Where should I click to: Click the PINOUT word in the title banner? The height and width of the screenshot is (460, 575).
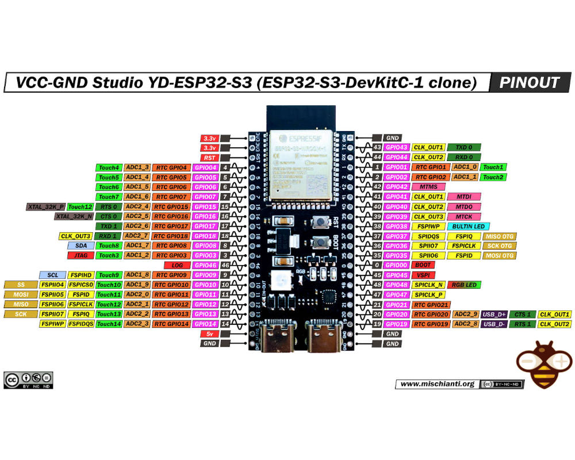(x=529, y=82)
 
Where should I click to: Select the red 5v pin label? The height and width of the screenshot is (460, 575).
(x=209, y=333)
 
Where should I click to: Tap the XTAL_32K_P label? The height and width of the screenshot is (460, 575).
(x=45, y=206)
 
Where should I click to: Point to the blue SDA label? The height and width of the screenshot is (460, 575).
(x=80, y=246)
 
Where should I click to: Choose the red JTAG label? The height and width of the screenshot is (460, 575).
(x=80, y=255)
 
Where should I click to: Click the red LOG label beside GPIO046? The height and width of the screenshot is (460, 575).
(x=177, y=265)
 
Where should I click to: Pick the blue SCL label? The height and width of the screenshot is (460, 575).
(x=52, y=275)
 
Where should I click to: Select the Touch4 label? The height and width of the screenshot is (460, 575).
(x=108, y=167)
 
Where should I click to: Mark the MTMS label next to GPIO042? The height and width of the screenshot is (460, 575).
(x=428, y=187)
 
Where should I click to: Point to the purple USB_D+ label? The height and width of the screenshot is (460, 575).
(x=494, y=315)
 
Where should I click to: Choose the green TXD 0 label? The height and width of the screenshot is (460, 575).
(x=463, y=148)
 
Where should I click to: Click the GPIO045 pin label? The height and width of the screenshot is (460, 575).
(x=396, y=275)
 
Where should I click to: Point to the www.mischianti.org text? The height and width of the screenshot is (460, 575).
(x=437, y=384)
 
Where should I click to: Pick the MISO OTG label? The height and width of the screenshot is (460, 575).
(x=499, y=236)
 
